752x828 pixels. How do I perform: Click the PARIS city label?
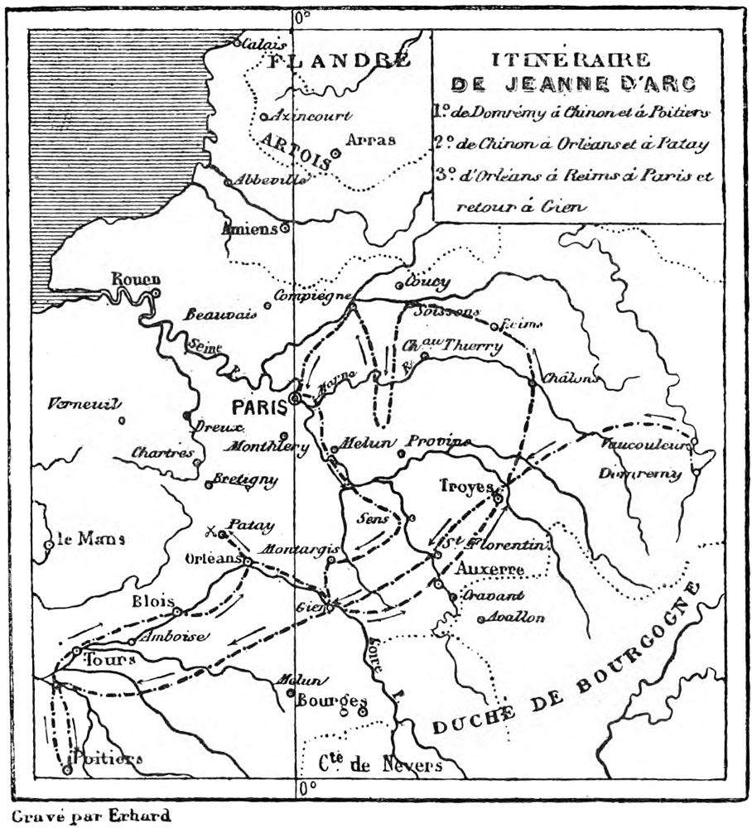[259, 407]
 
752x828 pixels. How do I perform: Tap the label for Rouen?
[136, 280]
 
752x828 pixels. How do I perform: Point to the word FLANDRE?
[341, 60]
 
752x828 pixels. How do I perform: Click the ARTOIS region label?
[295, 151]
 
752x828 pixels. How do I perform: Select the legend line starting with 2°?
[571, 144]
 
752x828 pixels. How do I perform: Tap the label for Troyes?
[466, 487]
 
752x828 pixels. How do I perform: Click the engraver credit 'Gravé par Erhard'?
[91, 816]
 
